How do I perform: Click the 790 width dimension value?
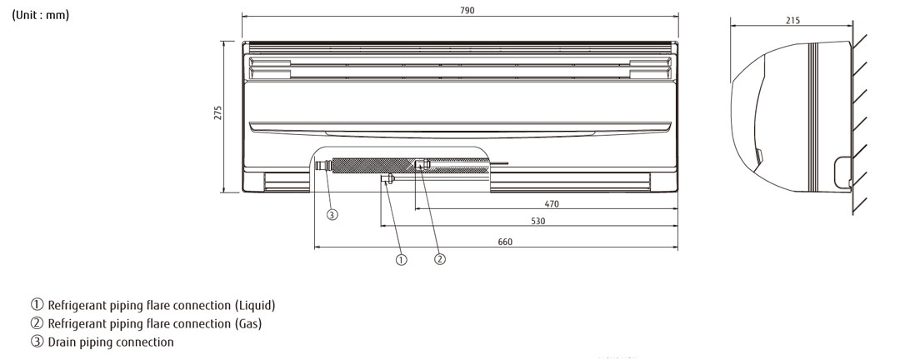tap(460, 10)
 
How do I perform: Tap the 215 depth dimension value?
tap(792, 20)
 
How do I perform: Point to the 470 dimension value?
tap(552, 203)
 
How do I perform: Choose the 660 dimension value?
tap(505, 242)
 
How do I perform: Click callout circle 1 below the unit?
tap(401, 259)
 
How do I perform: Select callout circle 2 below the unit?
tap(440, 259)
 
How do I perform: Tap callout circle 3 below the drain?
tap(332, 215)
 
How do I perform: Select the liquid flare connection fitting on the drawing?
tap(387, 180)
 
